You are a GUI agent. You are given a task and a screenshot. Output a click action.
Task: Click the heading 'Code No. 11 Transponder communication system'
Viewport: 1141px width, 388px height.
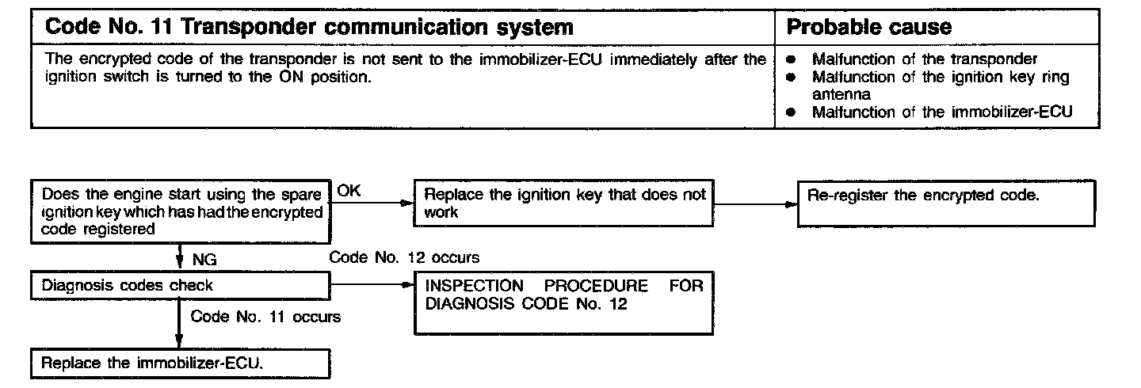(310, 28)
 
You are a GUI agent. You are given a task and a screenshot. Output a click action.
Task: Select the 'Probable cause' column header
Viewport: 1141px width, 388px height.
(868, 28)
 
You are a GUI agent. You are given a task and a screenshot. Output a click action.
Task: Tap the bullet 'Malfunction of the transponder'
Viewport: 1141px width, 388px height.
(925, 59)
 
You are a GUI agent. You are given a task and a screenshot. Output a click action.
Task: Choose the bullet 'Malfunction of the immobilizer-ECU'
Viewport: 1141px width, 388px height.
(942, 112)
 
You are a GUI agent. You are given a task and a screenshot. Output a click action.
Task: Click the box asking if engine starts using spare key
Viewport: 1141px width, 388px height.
(181, 212)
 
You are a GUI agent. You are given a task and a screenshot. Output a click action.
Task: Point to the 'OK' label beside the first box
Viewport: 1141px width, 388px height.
(349, 192)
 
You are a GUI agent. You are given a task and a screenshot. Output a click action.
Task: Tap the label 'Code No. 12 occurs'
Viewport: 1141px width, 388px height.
(403, 258)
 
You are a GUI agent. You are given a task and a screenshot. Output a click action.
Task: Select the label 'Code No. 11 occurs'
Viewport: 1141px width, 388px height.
(265, 317)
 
